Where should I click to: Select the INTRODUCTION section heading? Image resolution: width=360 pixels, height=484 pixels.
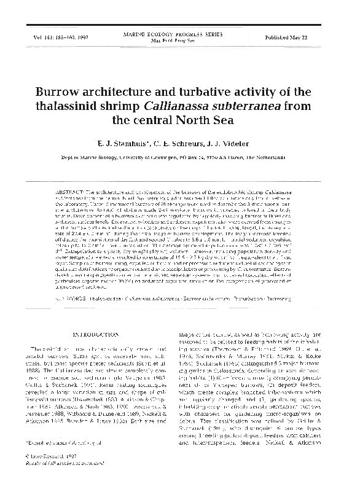(x=98, y=334)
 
